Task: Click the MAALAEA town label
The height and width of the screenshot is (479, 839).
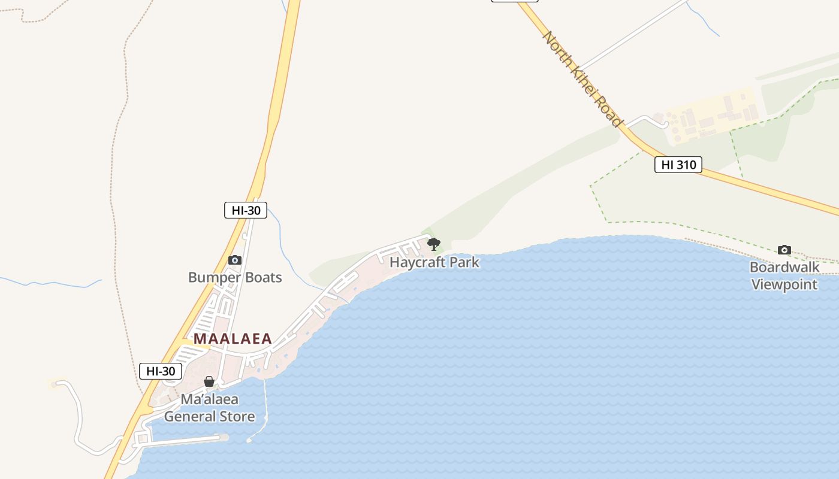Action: pyautogui.click(x=233, y=339)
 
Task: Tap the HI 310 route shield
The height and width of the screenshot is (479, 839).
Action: pyautogui.click(x=678, y=165)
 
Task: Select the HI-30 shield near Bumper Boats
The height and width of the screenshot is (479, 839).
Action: pyautogui.click(x=246, y=210)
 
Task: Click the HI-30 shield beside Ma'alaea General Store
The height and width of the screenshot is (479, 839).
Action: pyautogui.click(x=161, y=371)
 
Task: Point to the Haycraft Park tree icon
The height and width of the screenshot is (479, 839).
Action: pyautogui.click(x=434, y=244)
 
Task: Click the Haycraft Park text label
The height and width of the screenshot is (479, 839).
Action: pyautogui.click(x=434, y=262)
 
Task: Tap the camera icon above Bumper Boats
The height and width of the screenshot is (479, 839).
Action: pyautogui.click(x=235, y=260)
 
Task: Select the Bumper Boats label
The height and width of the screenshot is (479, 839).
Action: pyautogui.click(x=235, y=278)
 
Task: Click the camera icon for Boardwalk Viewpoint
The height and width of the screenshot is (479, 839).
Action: pyautogui.click(x=784, y=250)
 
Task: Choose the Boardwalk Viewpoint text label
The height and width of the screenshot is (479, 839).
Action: pyautogui.click(x=784, y=275)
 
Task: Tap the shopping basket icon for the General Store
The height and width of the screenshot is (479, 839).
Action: pyautogui.click(x=209, y=381)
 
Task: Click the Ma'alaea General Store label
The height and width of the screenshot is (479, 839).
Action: pyautogui.click(x=210, y=408)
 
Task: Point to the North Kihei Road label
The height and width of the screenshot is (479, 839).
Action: pyautogui.click(x=582, y=78)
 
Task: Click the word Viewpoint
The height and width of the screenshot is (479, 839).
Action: pyautogui.click(x=784, y=284)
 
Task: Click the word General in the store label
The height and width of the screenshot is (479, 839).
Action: pyautogui.click(x=190, y=417)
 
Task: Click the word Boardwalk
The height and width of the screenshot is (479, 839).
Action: pyautogui.click(x=784, y=267)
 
